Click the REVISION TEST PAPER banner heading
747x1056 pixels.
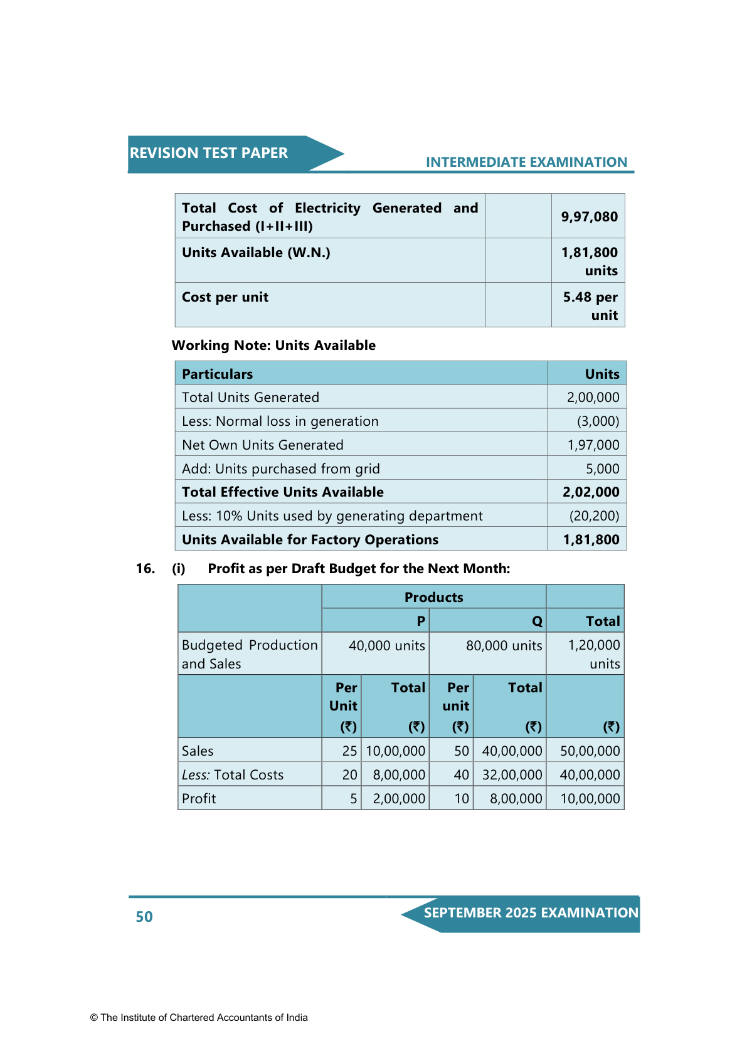(x=209, y=153)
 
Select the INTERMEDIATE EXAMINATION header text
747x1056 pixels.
(x=526, y=162)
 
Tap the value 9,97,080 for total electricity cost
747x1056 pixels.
(x=589, y=217)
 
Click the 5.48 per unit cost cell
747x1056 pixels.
(x=590, y=306)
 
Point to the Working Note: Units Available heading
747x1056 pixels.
(x=273, y=346)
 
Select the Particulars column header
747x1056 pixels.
(x=217, y=374)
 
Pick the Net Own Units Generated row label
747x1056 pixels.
(x=262, y=445)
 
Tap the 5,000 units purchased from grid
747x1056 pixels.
(x=602, y=469)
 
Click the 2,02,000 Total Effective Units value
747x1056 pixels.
(x=591, y=492)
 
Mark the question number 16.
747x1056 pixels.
(x=146, y=569)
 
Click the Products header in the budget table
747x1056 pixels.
(x=433, y=598)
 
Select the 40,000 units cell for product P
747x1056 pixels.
(x=386, y=646)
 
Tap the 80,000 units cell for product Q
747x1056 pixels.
(x=504, y=646)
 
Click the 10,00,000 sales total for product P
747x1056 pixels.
(x=395, y=751)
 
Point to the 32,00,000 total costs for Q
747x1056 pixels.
(x=512, y=775)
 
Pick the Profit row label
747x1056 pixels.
(x=199, y=799)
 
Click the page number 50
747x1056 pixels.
(x=144, y=917)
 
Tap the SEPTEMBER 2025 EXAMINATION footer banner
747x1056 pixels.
(x=531, y=913)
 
